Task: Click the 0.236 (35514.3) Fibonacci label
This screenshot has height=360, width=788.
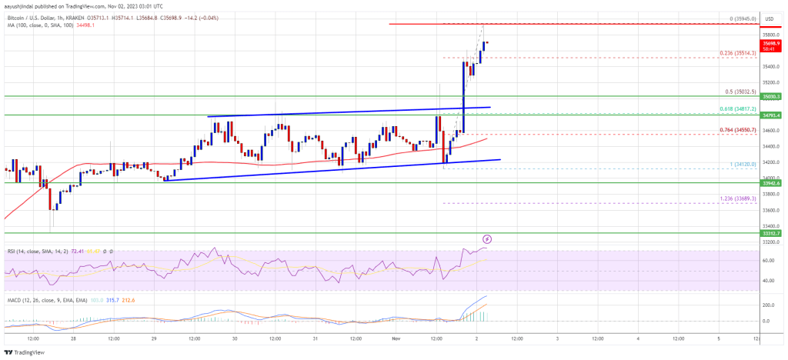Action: (x=736, y=53)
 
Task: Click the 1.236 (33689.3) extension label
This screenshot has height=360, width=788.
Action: (x=736, y=198)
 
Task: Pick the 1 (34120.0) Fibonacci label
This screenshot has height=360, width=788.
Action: (x=732, y=165)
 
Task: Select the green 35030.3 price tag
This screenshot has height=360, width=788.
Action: (x=772, y=97)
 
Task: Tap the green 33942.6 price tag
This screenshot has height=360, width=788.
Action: (x=772, y=183)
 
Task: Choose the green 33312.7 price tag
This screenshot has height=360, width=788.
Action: (x=772, y=232)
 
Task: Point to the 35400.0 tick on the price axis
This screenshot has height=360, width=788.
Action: (x=770, y=66)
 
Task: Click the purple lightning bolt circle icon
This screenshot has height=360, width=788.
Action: (x=486, y=240)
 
